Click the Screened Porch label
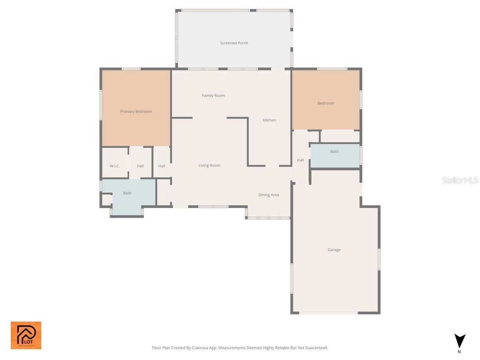pos(234,43)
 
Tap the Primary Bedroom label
pos(136,112)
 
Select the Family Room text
pos(213,96)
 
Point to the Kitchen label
pos(269,120)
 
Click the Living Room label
pos(209,165)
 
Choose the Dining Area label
pos(268,195)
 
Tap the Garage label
pos(334,250)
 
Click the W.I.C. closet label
pos(115,166)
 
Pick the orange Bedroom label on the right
pos(326,103)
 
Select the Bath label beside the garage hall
pos(334,151)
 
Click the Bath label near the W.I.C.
pos(127,193)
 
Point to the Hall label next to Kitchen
pos(300,160)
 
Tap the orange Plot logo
pos(26,335)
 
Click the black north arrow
pos(460,341)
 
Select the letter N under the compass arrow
pos(459,352)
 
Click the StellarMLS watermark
pos(460,180)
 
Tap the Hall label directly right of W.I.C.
pos(140,166)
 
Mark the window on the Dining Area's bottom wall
pos(268,218)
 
